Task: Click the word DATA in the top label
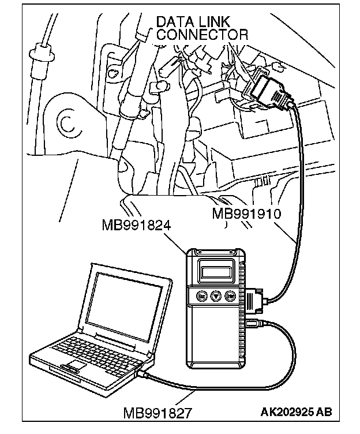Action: (175, 22)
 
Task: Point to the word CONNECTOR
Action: (202, 34)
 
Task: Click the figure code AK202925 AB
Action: (296, 413)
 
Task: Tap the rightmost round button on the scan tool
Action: (230, 295)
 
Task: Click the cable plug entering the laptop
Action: (145, 375)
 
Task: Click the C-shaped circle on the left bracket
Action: (65, 122)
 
